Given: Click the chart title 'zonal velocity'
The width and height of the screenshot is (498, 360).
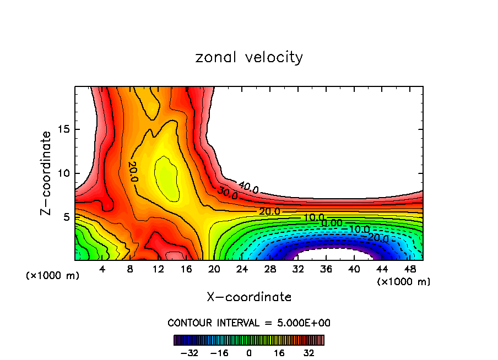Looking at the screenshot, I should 249,57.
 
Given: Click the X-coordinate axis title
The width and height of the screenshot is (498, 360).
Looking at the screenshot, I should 249,297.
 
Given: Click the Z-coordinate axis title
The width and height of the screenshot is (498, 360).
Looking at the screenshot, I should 47,173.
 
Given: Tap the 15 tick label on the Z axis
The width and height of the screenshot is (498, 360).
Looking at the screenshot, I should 63,129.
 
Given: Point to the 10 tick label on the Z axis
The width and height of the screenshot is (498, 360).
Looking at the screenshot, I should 63,173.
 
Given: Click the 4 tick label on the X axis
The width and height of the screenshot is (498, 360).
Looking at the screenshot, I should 102,269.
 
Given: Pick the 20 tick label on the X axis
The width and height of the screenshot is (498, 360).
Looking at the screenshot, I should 214,269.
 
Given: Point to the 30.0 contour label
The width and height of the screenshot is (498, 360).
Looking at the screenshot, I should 228,194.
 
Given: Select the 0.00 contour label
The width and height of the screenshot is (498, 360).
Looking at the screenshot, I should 332,223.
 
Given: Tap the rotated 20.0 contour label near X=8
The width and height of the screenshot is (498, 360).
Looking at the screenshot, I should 133,172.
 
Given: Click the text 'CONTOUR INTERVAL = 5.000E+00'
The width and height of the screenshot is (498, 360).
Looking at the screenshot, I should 249,323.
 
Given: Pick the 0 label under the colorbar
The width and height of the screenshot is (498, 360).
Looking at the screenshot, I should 249,352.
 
